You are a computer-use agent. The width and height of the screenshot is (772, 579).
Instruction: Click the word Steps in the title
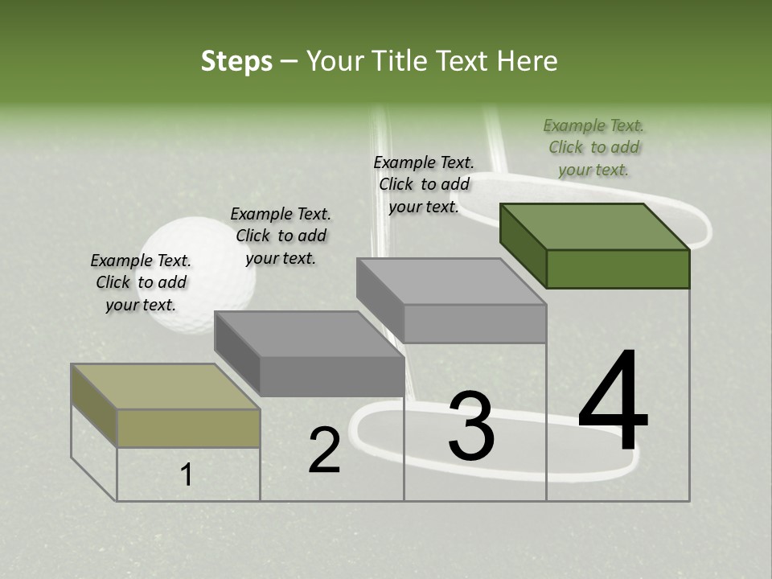coord(236,62)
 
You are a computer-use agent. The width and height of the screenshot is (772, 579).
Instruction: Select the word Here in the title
coord(527,61)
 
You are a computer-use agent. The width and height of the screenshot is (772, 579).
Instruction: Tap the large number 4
coord(613,401)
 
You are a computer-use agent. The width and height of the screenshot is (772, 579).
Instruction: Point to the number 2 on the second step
coord(324,450)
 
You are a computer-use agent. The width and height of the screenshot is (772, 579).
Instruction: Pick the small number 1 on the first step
coord(187,475)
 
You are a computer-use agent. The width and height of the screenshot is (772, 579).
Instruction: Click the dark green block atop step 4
coord(595,228)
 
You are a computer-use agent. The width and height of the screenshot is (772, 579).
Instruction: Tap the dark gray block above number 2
coord(310,335)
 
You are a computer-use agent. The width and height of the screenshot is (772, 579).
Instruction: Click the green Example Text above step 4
coord(593,147)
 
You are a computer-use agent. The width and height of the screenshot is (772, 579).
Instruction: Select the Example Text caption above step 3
coord(424,184)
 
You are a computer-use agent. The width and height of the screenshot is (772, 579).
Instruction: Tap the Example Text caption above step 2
coord(281,236)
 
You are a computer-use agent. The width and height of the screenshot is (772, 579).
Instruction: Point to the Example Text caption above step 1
coord(141,282)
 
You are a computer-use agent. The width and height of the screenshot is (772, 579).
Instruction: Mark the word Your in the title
coord(335,61)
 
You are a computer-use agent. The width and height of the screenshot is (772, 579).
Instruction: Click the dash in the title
coord(289,62)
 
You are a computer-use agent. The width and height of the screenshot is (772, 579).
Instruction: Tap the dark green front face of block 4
coord(618,269)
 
